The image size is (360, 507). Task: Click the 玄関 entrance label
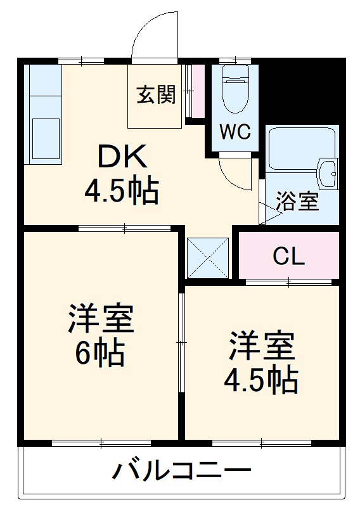pos(156,97)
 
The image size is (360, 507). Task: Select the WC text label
pos(235,132)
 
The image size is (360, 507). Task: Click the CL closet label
pos(289,256)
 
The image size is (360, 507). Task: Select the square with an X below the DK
pos(209,257)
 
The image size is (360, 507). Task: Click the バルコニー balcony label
pos(182,472)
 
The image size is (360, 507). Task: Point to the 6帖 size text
pos(100,353)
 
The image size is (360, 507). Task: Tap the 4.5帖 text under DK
pos(121,189)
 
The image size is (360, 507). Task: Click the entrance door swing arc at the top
pos(152,35)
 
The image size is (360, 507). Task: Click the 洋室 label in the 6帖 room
pos(101,321)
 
